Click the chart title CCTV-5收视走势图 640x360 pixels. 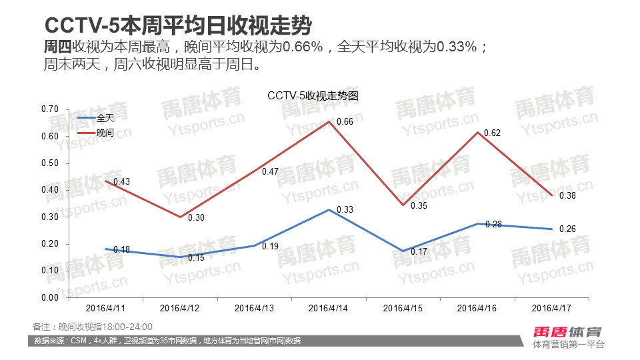coord(313,95)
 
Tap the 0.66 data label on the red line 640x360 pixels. coord(345,121)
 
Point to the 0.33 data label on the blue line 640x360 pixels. coord(345,209)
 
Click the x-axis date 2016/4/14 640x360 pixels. coord(329,309)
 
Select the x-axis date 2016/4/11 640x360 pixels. coord(106,309)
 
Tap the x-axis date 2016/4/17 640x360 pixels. coord(553,309)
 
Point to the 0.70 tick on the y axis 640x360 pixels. coord(50,109)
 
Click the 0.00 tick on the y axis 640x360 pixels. coord(50,297)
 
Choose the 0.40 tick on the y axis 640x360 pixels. coord(50,190)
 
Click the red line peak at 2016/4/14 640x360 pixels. coord(329,121)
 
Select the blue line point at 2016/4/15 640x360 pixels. coord(403,251)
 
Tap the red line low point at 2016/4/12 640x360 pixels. coord(180,217)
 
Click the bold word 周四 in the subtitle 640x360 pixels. coord(57,47)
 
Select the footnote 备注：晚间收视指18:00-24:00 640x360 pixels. coord(93,327)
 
